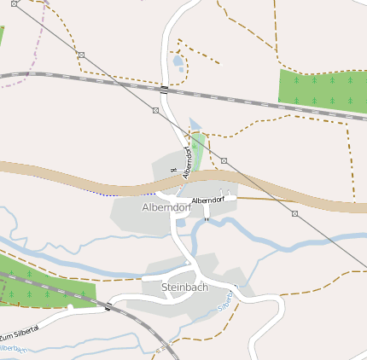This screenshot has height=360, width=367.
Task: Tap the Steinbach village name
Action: [x=185, y=287]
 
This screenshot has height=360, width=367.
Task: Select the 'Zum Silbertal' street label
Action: [x=20, y=338]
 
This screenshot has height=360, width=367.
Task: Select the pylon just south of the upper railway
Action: [x=155, y=110]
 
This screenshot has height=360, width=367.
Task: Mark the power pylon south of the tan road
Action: [x=294, y=213]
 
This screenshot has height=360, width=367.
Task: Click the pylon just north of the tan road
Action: [x=224, y=160]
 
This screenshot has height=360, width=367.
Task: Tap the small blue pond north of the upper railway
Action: [x=178, y=61]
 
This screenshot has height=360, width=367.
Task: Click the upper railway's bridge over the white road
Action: [x=164, y=88]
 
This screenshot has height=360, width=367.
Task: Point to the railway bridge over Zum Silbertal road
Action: [x=108, y=306]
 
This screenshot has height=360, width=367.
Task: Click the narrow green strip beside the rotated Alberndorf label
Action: [x=198, y=149]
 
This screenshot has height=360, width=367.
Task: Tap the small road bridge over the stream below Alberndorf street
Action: [x=206, y=219]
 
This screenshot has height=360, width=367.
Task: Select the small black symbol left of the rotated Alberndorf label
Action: [x=173, y=170]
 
